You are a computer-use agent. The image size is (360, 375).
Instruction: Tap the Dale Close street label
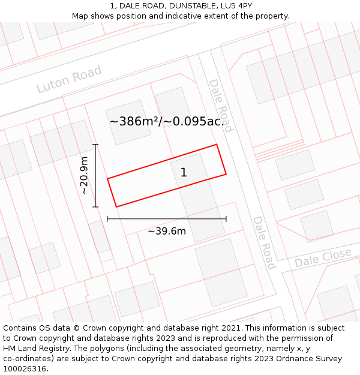pyautogui.click(x=323, y=257)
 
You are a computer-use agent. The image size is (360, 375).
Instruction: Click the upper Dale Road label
pyautogui.click(x=220, y=105)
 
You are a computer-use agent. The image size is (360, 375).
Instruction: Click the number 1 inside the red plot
pyautogui.click(x=184, y=173)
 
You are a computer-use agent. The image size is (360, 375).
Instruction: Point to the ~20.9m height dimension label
pyautogui.click(x=85, y=175)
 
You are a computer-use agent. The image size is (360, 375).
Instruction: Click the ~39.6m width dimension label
pyautogui.click(x=167, y=231)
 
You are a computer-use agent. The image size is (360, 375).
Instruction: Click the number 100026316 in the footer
pyautogui.click(x=24, y=368)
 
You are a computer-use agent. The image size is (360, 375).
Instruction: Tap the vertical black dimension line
pyautogui.click(x=95, y=176)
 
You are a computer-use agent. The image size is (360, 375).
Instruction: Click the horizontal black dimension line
pyautogui.click(x=167, y=219)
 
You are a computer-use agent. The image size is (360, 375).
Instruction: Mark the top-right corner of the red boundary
pyautogui.click(x=217, y=145)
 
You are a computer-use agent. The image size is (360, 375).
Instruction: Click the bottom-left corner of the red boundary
pyautogui.click(x=116, y=207)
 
